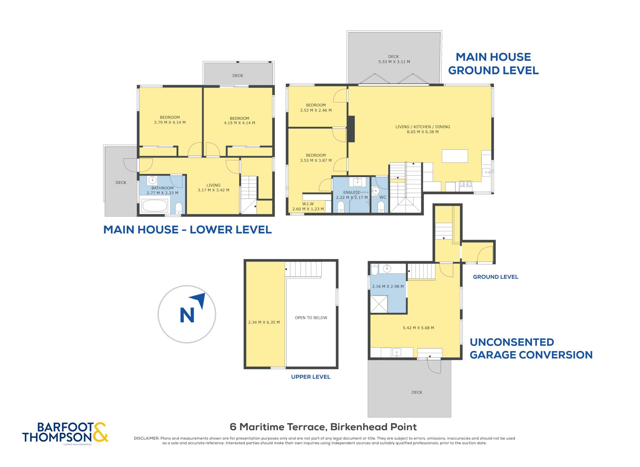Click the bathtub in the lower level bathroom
155,206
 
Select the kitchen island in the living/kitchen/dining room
455,156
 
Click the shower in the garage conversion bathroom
379,304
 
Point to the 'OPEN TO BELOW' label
311,318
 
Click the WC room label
383,197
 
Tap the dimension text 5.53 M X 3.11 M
394,62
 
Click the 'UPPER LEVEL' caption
311,377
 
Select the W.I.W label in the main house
308,204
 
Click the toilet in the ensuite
341,207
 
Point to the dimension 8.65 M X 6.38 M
422,132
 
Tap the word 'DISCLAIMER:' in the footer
147,438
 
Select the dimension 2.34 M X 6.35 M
264,322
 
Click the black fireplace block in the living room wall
351,129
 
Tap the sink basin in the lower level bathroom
152,180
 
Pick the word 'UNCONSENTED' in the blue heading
512,342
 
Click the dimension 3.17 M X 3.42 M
213,190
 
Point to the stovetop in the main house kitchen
465,184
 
